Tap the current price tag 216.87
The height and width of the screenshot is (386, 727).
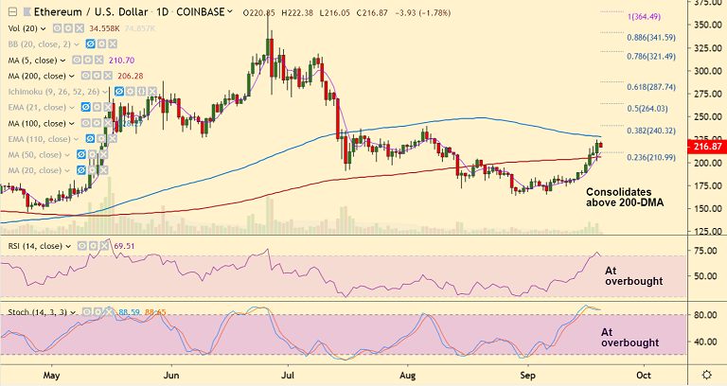click(706, 148)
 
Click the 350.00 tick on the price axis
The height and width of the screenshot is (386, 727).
click(705, 25)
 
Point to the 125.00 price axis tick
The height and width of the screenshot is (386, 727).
click(705, 231)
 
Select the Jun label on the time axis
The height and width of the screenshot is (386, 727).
click(172, 376)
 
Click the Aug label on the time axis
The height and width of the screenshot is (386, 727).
click(410, 376)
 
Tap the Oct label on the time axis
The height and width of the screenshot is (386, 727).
click(643, 376)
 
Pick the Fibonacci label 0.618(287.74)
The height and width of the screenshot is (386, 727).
click(651, 87)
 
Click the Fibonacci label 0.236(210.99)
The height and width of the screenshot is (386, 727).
click(651, 156)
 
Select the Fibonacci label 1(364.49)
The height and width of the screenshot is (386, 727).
click(653, 16)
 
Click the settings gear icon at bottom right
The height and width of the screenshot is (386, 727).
click(706, 375)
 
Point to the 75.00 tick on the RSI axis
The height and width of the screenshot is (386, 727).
click(703, 251)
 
